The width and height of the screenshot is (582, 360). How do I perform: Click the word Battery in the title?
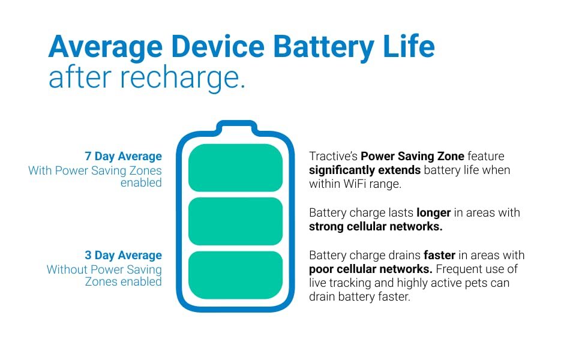[x=323, y=47]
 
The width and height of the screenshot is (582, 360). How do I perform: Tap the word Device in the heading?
[x=218, y=46]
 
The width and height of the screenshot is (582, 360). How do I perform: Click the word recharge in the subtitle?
[x=182, y=77]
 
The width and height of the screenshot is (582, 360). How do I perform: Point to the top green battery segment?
[x=235, y=168]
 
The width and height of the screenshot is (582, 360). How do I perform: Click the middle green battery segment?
[x=235, y=221]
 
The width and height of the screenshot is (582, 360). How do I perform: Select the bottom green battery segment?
[x=235, y=275]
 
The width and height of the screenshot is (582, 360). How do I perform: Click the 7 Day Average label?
[x=123, y=156]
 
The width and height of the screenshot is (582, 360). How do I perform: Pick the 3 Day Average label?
[x=123, y=256]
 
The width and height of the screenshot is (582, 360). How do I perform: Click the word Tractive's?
[x=333, y=156]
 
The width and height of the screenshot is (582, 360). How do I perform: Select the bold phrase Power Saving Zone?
[x=412, y=156]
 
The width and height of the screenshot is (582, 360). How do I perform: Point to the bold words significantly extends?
[x=364, y=170]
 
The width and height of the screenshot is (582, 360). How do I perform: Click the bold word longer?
[x=434, y=213]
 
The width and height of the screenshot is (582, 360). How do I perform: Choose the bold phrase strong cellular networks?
[x=376, y=226]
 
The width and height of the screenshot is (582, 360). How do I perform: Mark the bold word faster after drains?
[x=439, y=255]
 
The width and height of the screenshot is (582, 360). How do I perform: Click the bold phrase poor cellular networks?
[x=370, y=269]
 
